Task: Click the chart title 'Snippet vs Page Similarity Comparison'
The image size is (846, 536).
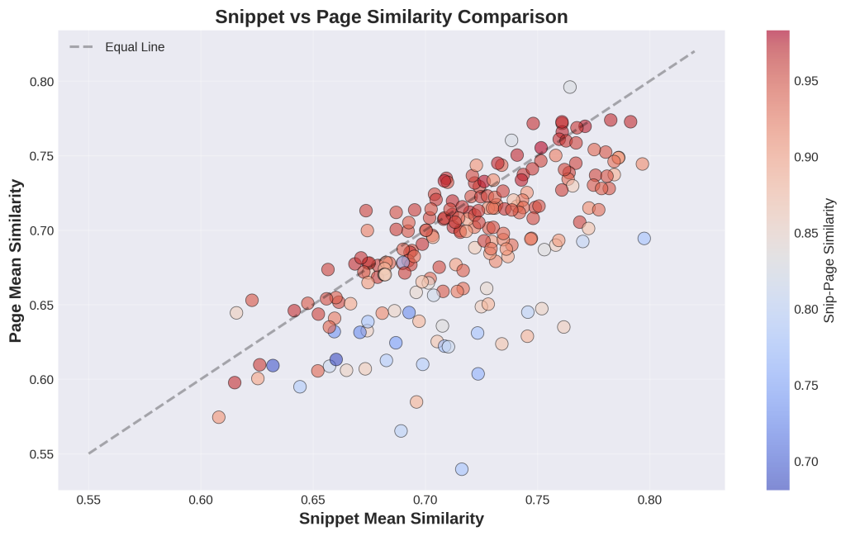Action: tap(392, 17)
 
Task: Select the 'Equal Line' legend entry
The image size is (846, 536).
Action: tap(135, 47)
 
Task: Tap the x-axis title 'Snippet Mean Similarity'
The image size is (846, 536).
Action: tap(391, 518)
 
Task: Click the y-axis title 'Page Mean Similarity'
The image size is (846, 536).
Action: tap(16, 260)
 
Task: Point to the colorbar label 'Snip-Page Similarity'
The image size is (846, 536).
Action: tap(830, 260)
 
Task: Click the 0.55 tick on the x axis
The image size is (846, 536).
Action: tap(88, 501)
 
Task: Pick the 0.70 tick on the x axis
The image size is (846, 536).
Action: tap(425, 501)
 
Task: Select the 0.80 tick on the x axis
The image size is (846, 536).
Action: tap(650, 501)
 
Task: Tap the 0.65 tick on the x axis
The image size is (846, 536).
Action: tap(313, 501)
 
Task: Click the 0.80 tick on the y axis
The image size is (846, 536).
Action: tap(40, 82)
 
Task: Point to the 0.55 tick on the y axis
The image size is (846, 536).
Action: tap(40, 454)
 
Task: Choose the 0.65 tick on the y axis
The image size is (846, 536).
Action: tap(40, 305)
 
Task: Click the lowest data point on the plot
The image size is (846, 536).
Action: tap(462, 469)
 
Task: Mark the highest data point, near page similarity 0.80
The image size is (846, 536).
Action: tap(570, 87)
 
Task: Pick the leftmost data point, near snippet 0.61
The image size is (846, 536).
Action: tap(219, 417)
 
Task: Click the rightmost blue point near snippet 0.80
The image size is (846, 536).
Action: tap(644, 239)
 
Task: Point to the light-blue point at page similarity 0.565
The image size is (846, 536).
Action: tap(401, 431)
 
